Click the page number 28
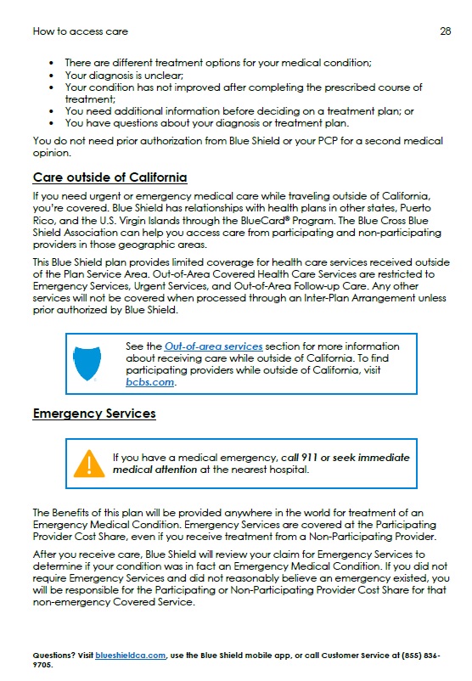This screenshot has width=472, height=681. tap(445, 31)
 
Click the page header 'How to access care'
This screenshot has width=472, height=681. tap(80, 31)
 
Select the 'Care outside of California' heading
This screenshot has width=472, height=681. tap(110, 177)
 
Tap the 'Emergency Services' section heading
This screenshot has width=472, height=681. tap(94, 414)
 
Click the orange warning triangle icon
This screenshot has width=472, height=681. tap(88, 464)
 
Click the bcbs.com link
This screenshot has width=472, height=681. tap(150, 382)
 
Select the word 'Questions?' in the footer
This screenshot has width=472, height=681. tap(53, 656)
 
